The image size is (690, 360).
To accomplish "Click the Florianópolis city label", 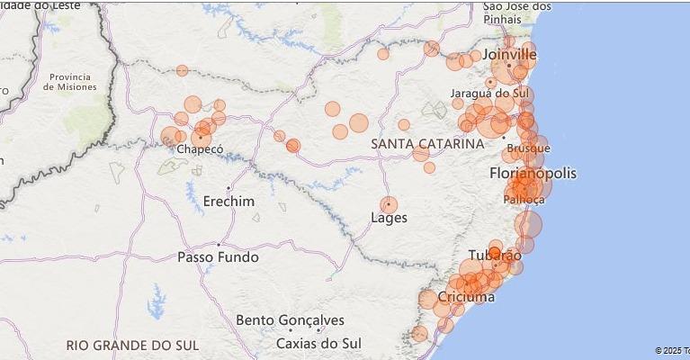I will [x=533, y=173].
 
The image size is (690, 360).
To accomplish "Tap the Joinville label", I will [x=509, y=55].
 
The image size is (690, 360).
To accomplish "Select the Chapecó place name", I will [x=199, y=149].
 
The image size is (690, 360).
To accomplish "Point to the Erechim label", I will [x=229, y=202].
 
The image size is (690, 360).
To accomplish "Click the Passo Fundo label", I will [x=218, y=257].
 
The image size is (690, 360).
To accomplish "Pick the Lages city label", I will [x=389, y=218].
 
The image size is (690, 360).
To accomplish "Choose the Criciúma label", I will [x=466, y=297].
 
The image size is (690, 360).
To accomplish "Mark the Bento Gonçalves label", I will [x=290, y=320].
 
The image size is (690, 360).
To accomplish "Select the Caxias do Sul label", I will [x=318, y=344].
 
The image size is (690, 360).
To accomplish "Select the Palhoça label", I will [x=524, y=199].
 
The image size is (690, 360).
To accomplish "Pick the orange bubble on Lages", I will [x=389, y=205].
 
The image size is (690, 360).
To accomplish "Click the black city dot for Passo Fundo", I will [x=218, y=244].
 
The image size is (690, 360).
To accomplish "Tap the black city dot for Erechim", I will [x=229, y=188].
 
